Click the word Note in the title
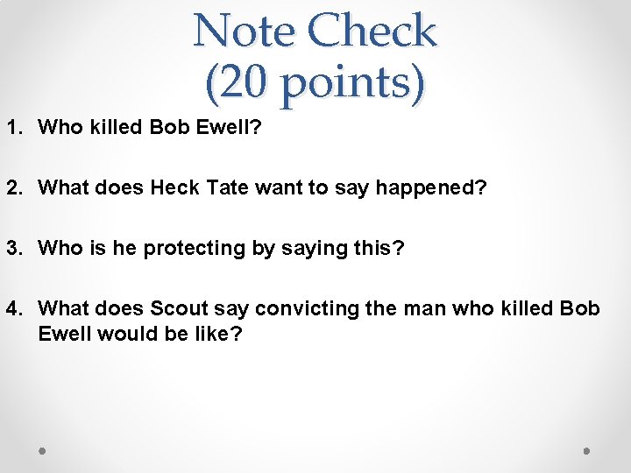point(244,32)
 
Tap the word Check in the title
point(372,32)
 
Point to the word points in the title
point(346,84)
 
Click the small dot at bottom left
point(43,450)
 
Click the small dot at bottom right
point(587,450)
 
